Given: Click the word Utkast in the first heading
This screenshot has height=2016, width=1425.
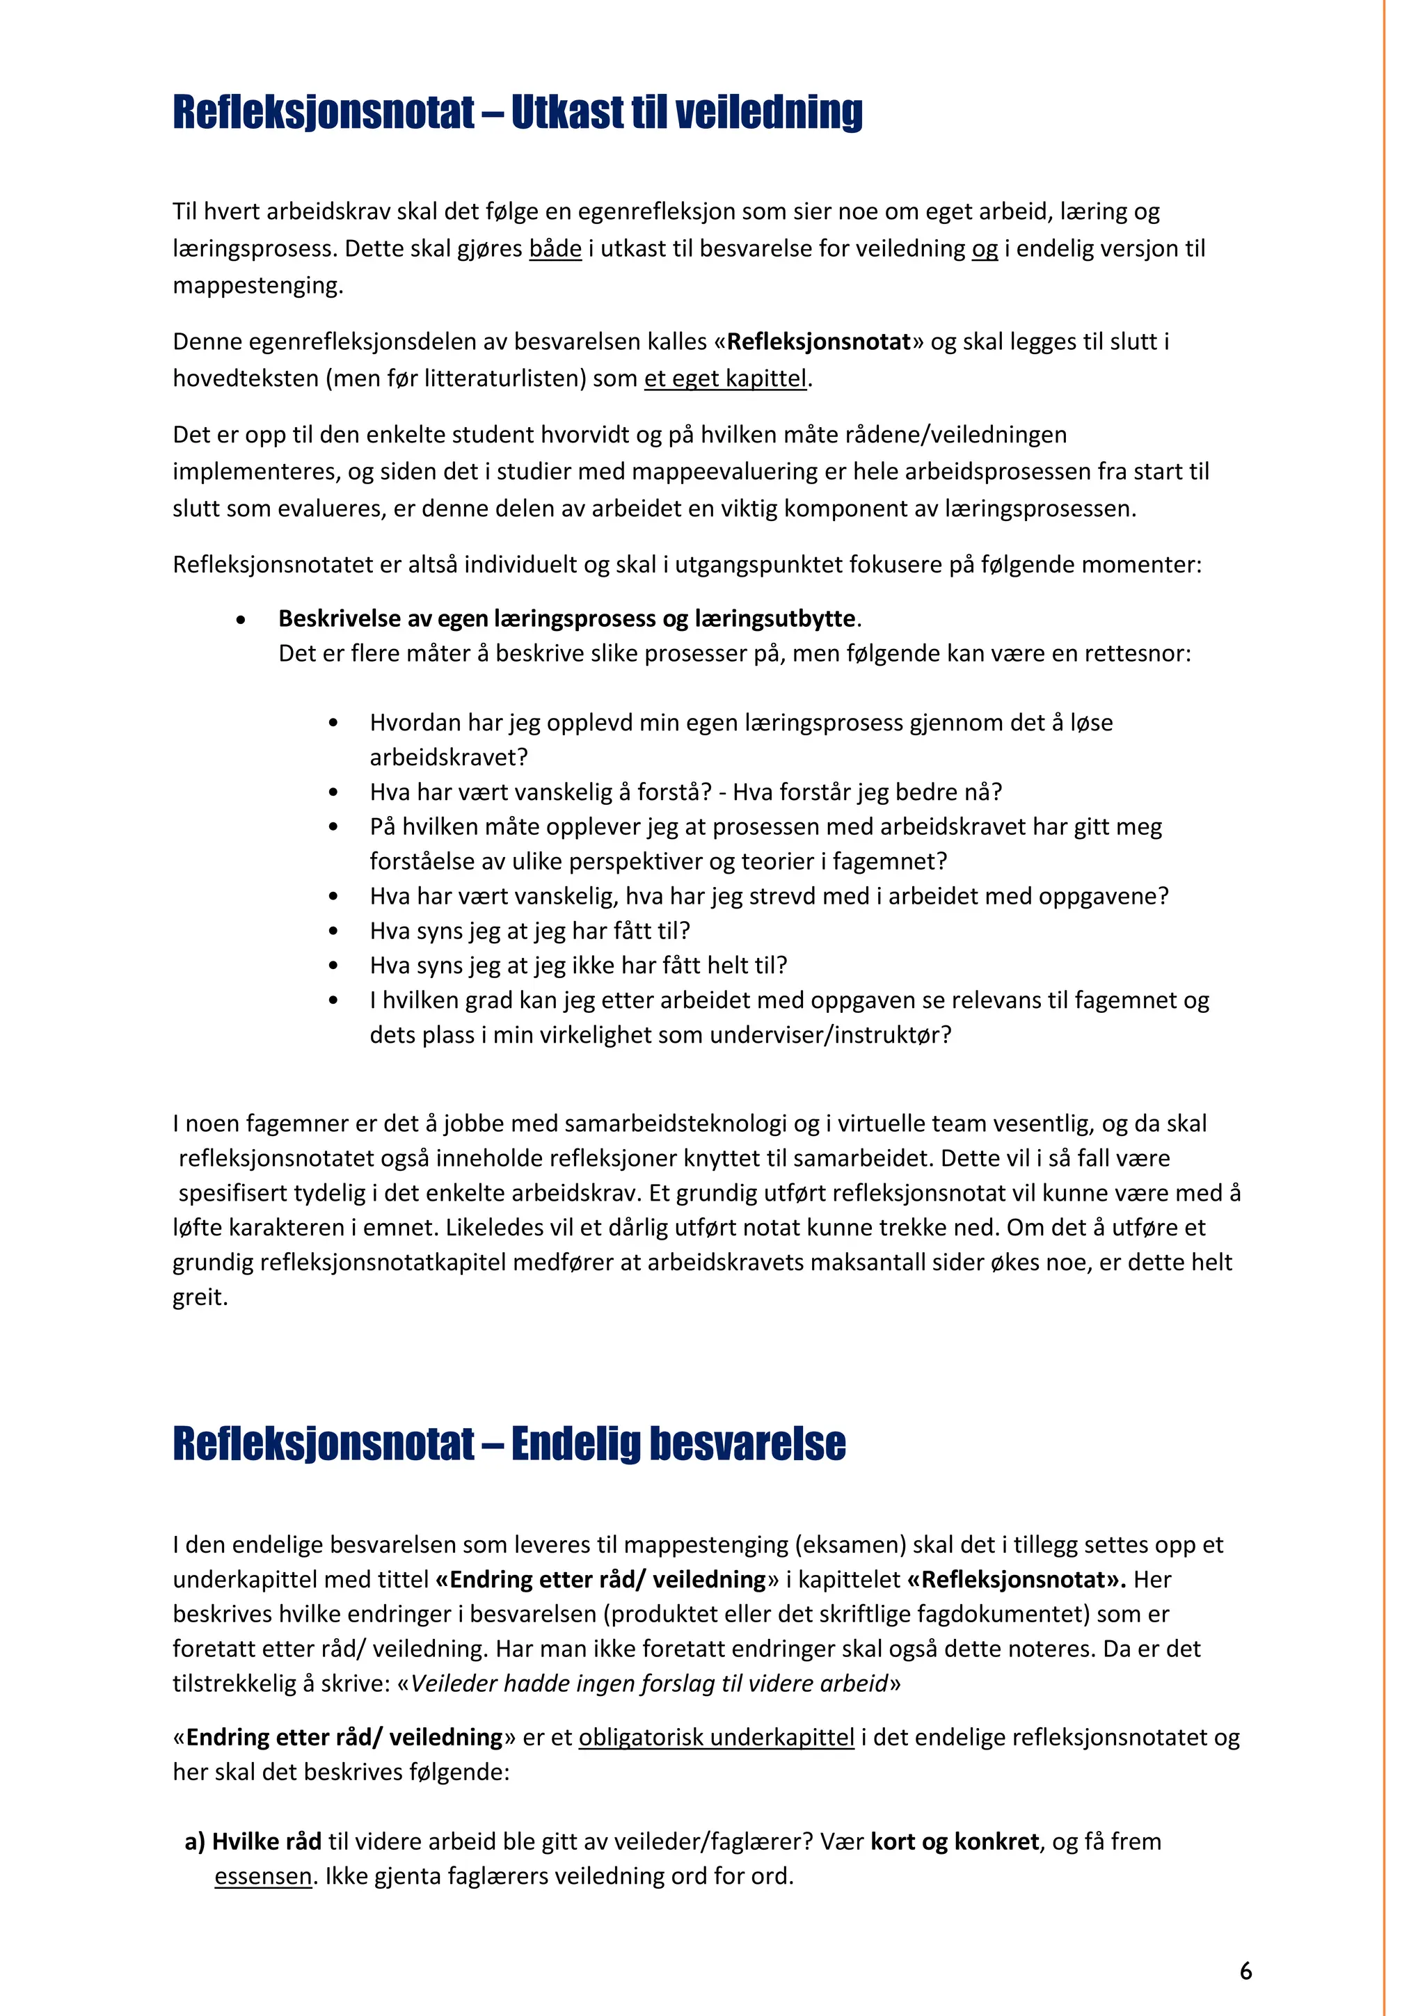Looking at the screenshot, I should [567, 113].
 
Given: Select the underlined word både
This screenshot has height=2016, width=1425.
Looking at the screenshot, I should [555, 248].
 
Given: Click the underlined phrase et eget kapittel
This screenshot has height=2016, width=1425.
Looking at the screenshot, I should [724, 378].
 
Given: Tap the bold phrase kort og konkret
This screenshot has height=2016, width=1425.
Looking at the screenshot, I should [955, 1841].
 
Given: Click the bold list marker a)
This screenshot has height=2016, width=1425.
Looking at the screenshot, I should [195, 1841].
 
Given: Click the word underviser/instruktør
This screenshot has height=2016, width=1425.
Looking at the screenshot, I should [825, 1034].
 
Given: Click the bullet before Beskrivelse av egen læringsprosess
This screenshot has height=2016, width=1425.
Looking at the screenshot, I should [241, 620].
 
